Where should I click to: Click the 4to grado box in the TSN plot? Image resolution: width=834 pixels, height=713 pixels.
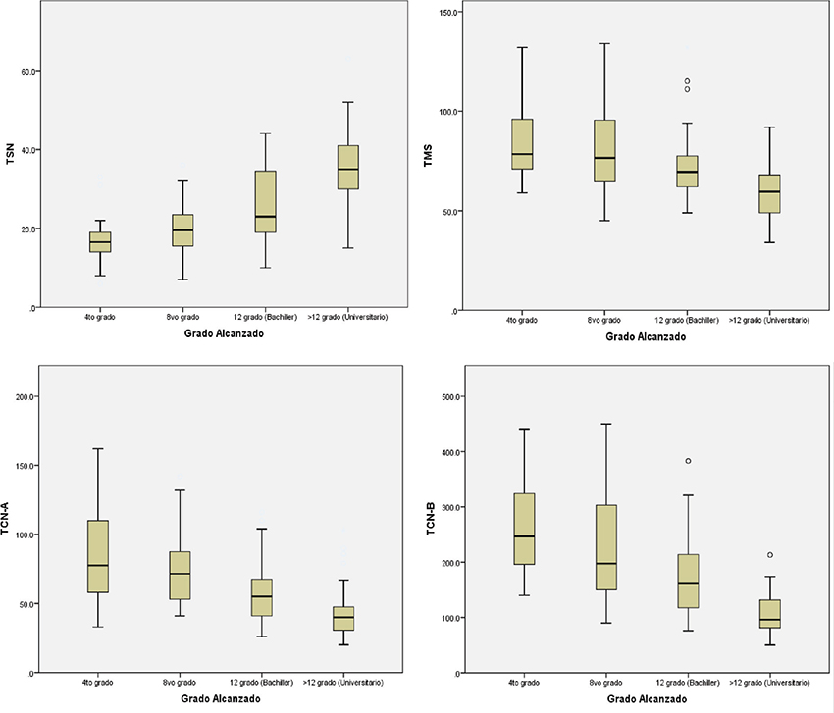tap(100, 242)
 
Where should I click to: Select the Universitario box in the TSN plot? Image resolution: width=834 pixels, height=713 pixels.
tap(348, 167)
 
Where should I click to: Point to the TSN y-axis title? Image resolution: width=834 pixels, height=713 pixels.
tap(11, 153)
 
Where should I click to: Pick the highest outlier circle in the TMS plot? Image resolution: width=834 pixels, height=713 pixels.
tap(687, 81)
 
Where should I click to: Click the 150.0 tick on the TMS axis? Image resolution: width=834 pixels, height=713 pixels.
tap(449, 12)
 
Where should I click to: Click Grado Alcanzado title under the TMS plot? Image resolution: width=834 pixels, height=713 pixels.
tap(646, 336)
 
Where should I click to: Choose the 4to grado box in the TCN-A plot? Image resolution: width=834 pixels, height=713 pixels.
tap(98, 556)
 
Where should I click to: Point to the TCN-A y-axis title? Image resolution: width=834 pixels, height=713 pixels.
tap(11, 520)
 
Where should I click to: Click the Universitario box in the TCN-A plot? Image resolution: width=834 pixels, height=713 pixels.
tap(343, 618)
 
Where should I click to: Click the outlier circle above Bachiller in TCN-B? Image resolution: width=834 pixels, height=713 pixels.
tap(688, 461)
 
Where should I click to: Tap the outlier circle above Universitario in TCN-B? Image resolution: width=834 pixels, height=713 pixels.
tap(770, 555)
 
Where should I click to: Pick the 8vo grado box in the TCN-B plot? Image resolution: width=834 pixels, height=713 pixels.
tap(605, 547)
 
